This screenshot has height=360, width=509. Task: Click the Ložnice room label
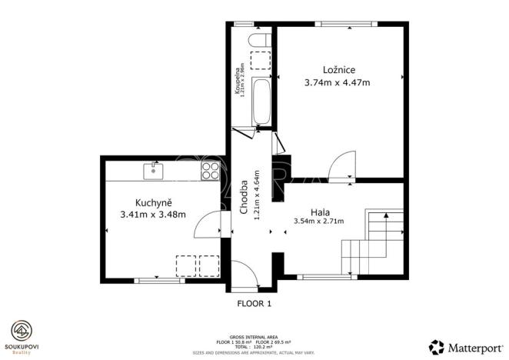pos(339,69)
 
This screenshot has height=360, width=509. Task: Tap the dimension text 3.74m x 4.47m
pos(339,83)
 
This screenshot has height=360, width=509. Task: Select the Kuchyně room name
pos(153,202)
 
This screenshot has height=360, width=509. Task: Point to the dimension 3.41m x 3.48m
pos(153,215)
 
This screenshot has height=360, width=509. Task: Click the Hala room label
pos(321,211)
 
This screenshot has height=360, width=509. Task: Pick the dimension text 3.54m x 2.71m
pos(319,222)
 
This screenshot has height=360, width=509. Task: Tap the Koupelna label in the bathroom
pos(239,81)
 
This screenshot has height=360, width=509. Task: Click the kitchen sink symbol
pos(154,169)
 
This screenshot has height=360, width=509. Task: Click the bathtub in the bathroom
pos(261,102)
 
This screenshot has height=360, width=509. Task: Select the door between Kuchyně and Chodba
pos(209,225)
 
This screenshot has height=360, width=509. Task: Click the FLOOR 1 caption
pos(254,304)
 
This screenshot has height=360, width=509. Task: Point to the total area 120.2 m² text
pos(254,347)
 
